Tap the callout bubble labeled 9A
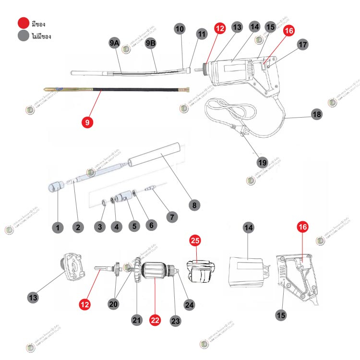114,44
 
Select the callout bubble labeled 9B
151,44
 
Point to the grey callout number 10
180,29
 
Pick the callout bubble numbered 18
316,114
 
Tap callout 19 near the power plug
262,162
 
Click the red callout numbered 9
87,122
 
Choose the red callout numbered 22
155,320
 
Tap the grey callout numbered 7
170,216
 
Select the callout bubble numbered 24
189,303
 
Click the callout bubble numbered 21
137,320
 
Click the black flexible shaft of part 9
134,90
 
